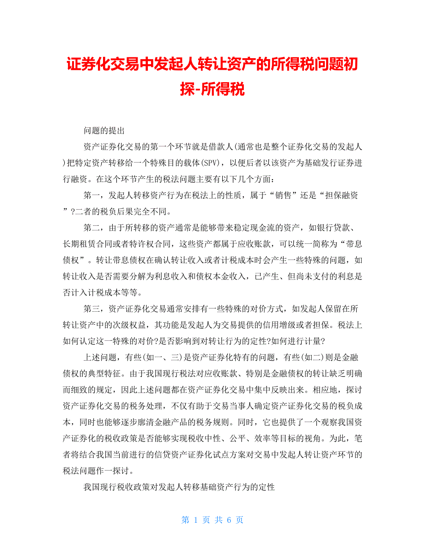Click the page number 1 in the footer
click(196, 520)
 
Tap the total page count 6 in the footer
click(229, 520)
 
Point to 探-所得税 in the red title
click(212, 88)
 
